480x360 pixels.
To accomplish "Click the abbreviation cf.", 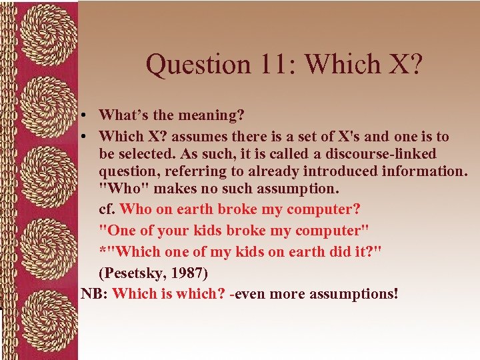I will tap(107, 209).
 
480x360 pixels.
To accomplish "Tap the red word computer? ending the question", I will tap(324, 209).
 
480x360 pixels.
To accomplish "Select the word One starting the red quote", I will tap(121, 230).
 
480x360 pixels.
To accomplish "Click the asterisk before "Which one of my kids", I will tap(102, 251).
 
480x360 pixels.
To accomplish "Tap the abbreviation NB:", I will tap(94, 293).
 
